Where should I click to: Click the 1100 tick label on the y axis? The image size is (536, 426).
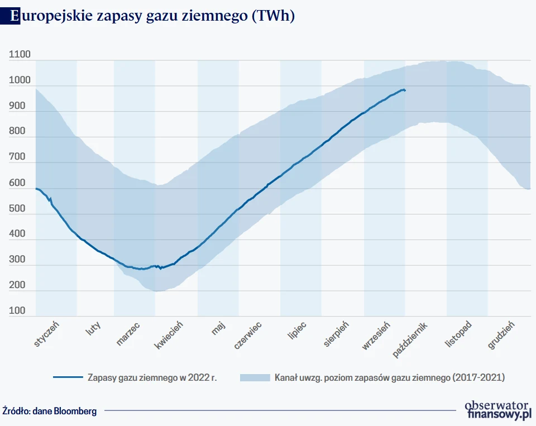click(x=20, y=55)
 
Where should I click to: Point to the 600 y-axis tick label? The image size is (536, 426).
click(x=17, y=183)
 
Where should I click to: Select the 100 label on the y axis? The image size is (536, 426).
click(x=17, y=311)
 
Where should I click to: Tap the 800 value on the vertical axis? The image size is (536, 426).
click(x=17, y=132)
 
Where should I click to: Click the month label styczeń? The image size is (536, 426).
click(x=47, y=333)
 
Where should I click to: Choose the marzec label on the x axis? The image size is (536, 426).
click(x=128, y=333)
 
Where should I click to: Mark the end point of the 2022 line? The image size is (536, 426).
click(x=405, y=90)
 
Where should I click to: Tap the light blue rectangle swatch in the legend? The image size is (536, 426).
click(x=254, y=377)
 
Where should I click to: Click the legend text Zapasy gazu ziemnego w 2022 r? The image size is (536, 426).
click(x=152, y=377)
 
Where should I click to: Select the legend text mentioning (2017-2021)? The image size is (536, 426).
click(x=389, y=377)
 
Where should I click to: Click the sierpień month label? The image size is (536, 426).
click(x=336, y=334)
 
